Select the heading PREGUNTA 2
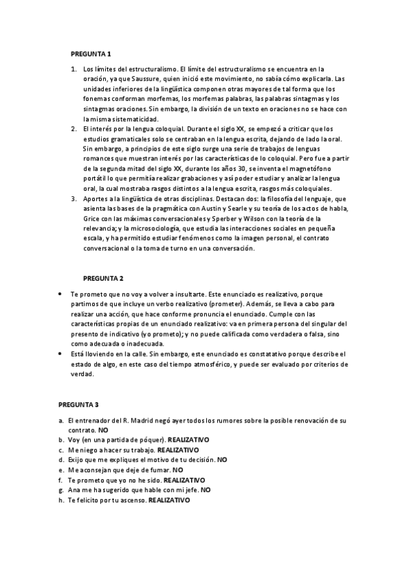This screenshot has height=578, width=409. (103, 278)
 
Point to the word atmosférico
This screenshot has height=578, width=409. (206, 365)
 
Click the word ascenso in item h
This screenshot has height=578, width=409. (130, 500)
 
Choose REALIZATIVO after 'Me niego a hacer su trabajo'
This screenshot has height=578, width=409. (178, 451)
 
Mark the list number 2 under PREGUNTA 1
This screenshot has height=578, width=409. (74, 129)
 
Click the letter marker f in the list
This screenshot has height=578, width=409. (61, 480)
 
